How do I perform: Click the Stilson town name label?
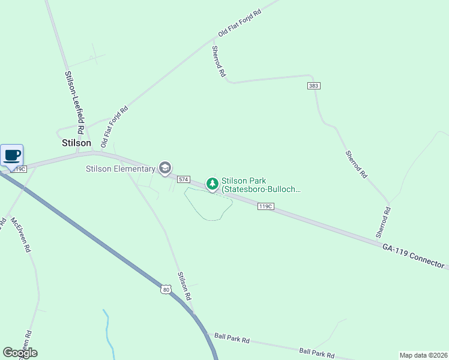point(77,143)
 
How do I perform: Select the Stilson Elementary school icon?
point(164,169)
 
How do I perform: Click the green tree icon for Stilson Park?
point(212,183)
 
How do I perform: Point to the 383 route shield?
point(313,86)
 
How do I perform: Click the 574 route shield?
point(184,179)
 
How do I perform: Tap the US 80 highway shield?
point(166,289)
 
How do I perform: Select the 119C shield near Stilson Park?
point(266,206)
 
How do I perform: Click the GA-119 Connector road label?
point(415,256)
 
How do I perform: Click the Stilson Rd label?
point(184,286)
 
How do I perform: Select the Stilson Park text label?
point(261,185)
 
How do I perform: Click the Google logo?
point(20,353)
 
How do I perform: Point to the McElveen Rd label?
point(20,235)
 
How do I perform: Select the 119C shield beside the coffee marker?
point(20,169)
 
